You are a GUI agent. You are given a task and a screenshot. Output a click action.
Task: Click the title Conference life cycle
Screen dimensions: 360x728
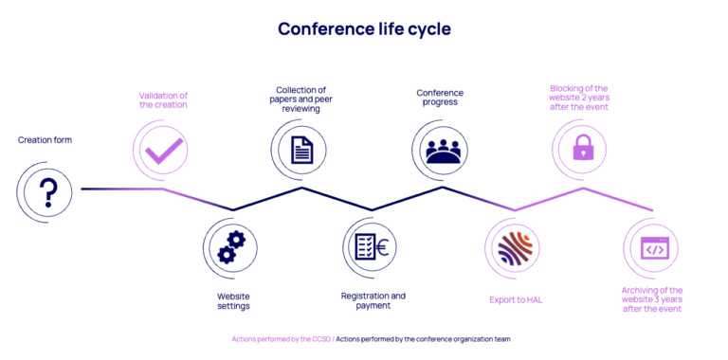(364, 28)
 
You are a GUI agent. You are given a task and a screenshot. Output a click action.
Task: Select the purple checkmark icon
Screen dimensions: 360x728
(163, 151)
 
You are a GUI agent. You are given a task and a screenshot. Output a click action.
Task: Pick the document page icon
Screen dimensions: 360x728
(301, 150)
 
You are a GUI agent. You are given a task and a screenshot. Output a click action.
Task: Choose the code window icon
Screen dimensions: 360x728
(653, 247)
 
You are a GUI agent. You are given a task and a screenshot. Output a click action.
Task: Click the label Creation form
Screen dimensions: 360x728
(45, 140)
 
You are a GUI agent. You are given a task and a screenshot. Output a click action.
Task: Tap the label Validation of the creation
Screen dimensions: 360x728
(163, 99)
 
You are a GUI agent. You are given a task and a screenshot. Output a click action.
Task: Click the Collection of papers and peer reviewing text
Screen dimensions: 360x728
(300, 99)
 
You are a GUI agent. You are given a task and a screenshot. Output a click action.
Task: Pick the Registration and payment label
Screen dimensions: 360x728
(373, 301)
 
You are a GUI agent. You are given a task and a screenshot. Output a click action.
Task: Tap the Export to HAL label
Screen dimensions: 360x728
(516, 300)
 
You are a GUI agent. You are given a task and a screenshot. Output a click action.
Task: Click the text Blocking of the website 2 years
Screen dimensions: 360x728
(578, 94)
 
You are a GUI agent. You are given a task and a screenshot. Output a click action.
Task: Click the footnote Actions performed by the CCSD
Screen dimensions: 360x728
(281, 339)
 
